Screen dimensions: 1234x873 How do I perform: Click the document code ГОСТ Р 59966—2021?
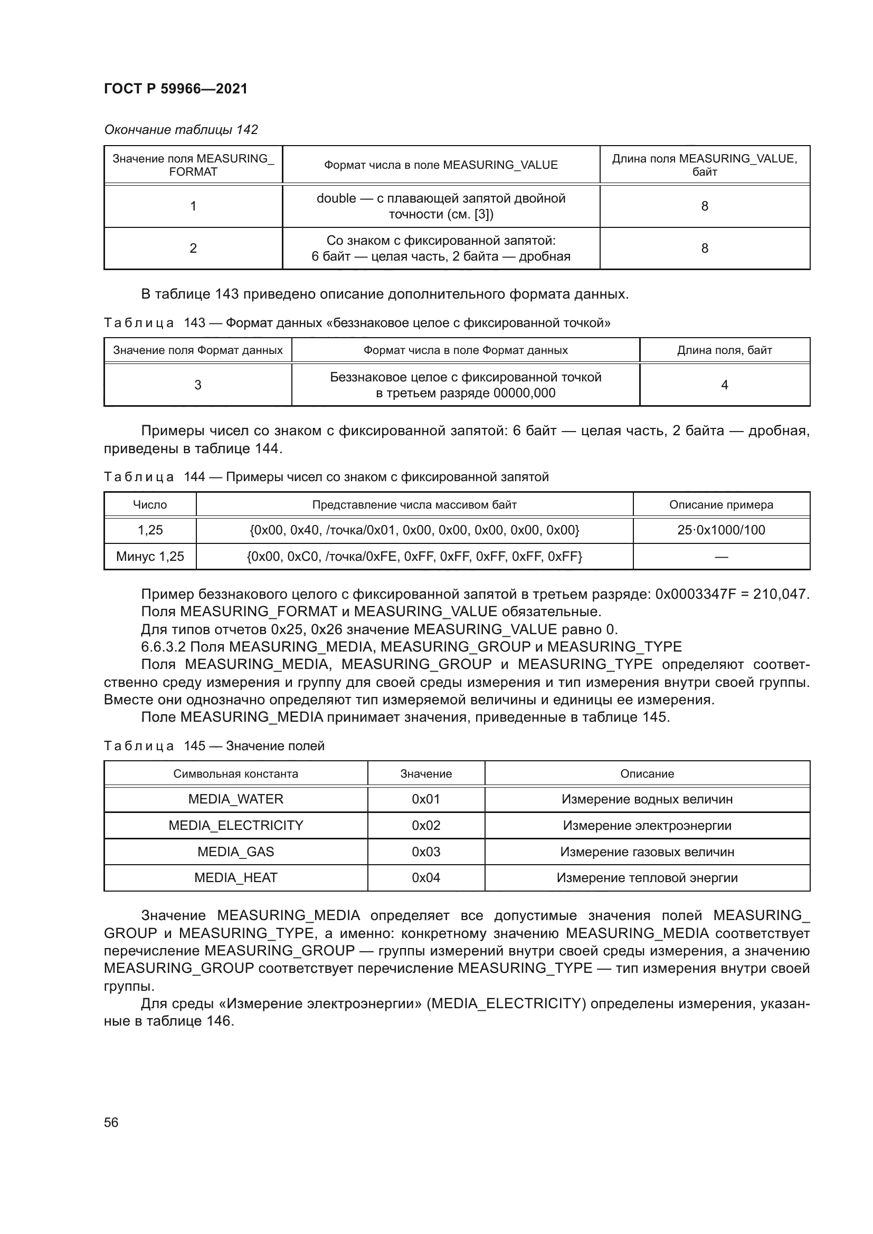[x=176, y=89]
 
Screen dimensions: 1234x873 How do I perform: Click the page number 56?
[x=111, y=1122]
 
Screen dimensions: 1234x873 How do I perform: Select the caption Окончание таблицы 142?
[x=181, y=130]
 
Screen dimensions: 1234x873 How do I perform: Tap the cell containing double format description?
[x=441, y=206]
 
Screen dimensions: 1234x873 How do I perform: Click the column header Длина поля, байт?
[x=724, y=350]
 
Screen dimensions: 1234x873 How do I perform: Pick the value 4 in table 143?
[x=724, y=385]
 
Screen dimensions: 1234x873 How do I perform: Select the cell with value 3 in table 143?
[x=198, y=385]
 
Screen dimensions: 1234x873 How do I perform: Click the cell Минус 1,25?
[x=150, y=556]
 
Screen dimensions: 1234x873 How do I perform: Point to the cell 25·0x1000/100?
[x=721, y=530]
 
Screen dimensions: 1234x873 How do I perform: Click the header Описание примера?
[x=721, y=505]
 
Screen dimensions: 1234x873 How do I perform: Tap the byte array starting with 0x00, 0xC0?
[x=414, y=556]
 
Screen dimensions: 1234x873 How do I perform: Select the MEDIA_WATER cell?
[x=235, y=799]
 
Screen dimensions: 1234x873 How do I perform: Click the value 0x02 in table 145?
[x=426, y=826]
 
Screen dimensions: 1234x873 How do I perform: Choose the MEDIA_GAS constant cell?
[x=235, y=852]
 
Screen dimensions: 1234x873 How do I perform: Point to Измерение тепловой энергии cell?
[x=647, y=878]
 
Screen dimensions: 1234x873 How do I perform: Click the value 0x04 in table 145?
[x=426, y=878]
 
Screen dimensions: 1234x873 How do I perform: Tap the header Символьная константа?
[x=235, y=774]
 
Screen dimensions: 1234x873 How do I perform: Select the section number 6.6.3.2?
[x=164, y=647]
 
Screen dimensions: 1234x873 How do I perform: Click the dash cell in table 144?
[x=721, y=556]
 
